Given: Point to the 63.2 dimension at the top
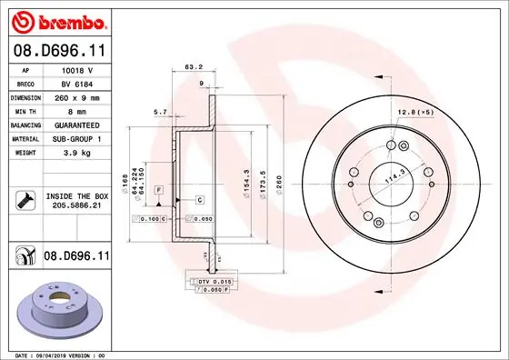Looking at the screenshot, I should click(x=193, y=66).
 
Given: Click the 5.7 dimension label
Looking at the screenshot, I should click(x=160, y=112).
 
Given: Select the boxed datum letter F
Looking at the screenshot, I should click(x=158, y=189).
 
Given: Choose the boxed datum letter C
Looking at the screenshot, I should click(x=198, y=197).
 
